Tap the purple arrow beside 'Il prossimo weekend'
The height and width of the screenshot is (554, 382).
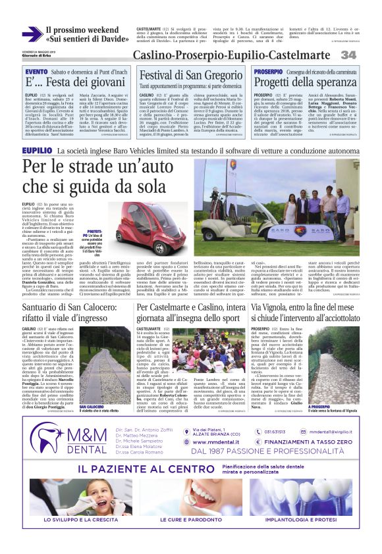[x=31, y=34]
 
